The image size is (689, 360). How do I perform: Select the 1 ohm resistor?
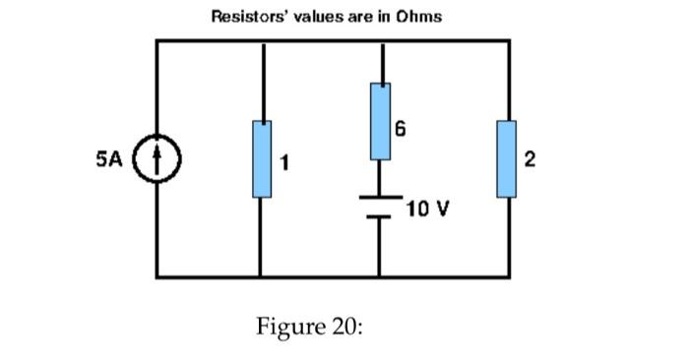[262, 158]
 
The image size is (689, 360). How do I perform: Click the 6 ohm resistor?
[380, 121]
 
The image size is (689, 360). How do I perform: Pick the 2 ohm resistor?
[508, 158]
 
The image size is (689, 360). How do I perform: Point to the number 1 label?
[284, 163]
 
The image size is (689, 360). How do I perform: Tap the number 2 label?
[531, 162]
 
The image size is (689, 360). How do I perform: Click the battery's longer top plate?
[380, 197]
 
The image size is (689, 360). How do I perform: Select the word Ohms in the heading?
[418, 16]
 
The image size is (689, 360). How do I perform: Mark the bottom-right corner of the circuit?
[509, 276]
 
